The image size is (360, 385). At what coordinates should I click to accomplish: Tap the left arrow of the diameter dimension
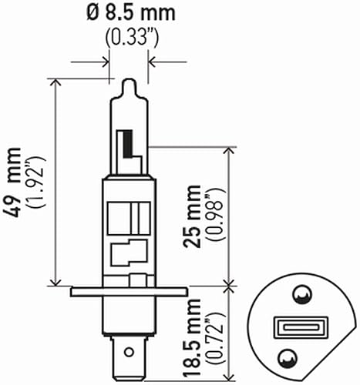click(x=105, y=61)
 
